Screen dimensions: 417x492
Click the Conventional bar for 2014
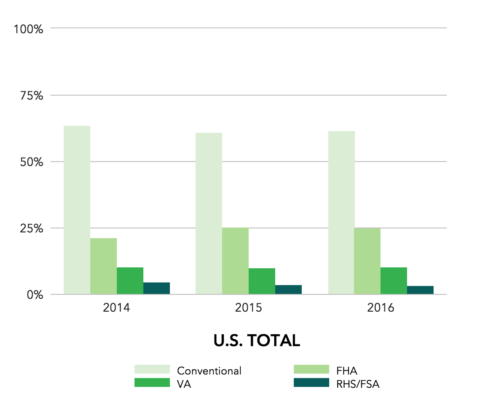tap(77, 210)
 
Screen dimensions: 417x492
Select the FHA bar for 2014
tap(104, 266)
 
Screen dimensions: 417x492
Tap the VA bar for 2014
tap(130, 281)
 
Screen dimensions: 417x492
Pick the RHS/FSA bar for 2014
tap(157, 288)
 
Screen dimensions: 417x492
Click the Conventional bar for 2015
tap(209, 213)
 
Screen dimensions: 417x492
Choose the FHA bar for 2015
tap(235, 261)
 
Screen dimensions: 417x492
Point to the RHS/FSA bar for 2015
tap(288, 290)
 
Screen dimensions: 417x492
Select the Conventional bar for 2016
tap(341, 212)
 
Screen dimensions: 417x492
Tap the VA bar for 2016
tap(394, 281)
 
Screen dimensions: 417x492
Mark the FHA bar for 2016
tap(367, 261)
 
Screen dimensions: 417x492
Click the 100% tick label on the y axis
tap(28, 29)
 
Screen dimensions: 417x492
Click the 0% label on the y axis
tap(35, 295)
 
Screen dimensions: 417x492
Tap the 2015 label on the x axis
tap(249, 308)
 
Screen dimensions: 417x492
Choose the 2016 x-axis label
tap(381, 308)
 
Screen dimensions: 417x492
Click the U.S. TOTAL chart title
tap(257, 340)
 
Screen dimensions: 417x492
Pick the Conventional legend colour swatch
tap(152, 370)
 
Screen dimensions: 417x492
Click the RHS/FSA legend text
tap(358, 384)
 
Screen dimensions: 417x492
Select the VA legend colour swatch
tap(152, 383)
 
